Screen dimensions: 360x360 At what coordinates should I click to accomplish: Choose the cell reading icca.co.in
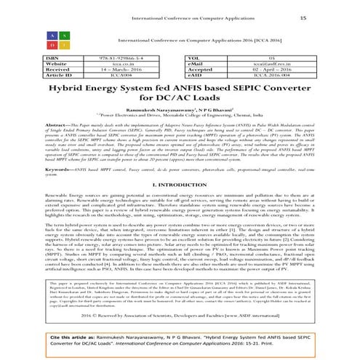[117, 63]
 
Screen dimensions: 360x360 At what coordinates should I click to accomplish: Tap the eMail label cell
[201, 63]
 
